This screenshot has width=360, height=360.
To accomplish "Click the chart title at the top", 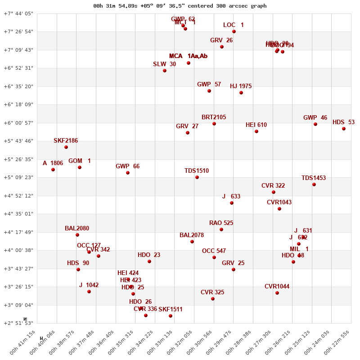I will [180, 6].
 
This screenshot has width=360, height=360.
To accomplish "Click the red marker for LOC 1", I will [234, 31].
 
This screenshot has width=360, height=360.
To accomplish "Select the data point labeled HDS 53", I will [344, 129].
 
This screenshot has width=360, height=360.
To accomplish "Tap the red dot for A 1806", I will [53, 170].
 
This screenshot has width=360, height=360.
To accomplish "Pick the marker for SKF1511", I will [171, 316].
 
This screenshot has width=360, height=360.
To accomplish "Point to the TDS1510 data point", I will [197, 177].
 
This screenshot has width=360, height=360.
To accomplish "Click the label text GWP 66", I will [127, 166].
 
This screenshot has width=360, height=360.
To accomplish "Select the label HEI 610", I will [256, 125].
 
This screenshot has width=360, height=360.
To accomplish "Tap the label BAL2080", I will [77, 229].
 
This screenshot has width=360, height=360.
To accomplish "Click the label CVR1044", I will [277, 287].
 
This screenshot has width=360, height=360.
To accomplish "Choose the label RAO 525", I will [221, 223].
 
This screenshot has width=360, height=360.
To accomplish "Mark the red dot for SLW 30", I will [165, 71].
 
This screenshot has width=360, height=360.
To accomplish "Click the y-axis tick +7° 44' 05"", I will [18, 13].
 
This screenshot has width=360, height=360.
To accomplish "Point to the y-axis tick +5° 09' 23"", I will [18, 177].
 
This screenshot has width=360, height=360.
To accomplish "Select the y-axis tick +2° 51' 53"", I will [18, 323].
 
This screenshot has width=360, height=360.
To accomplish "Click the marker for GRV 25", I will [234, 270].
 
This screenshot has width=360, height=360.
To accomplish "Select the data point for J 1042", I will [89, 292].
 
